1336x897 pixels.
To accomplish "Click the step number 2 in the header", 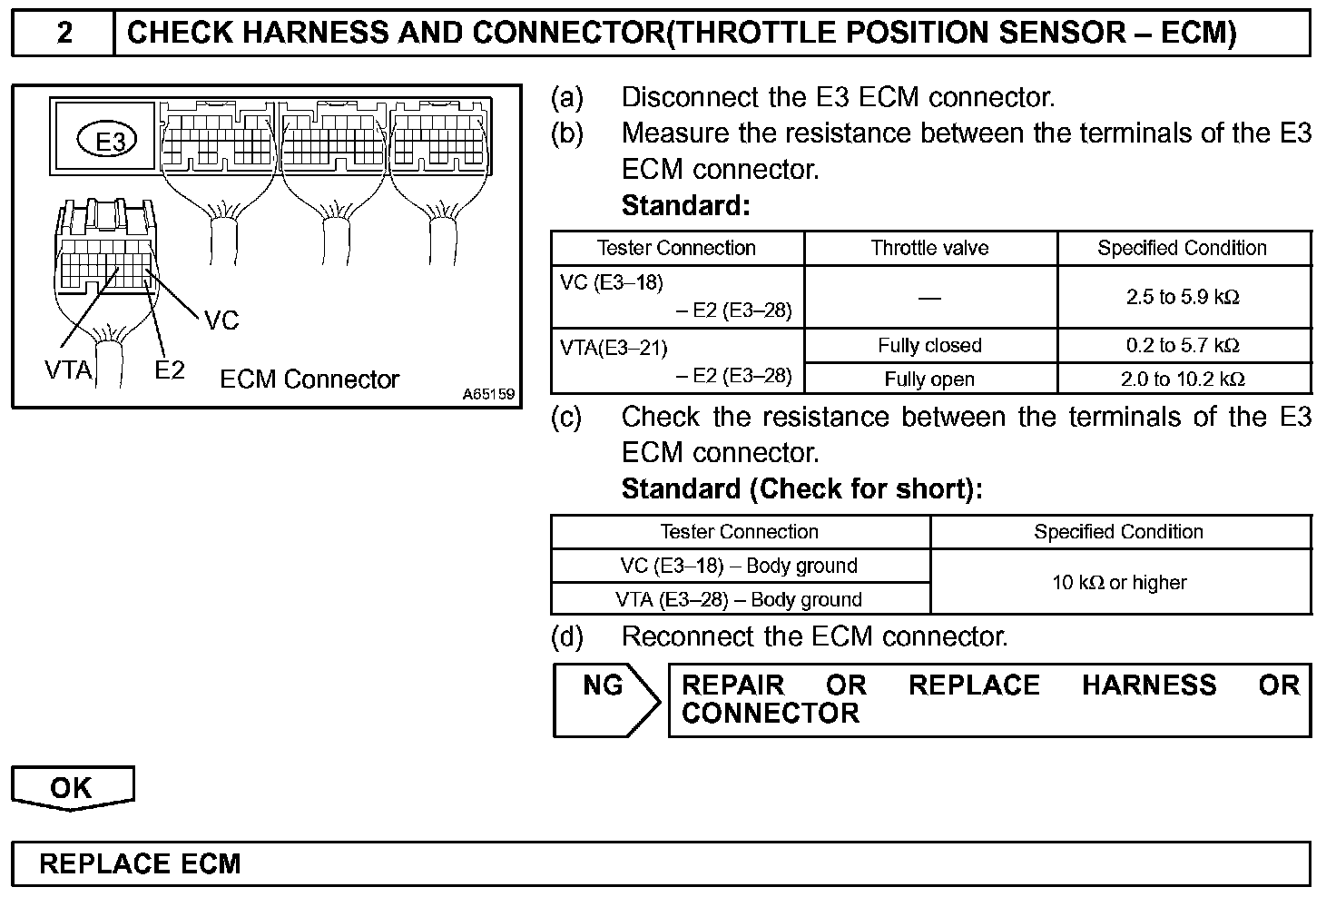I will tap(64, 34).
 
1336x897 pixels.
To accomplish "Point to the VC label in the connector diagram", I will tap(221, 320).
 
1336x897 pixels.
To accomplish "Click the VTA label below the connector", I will tap(68, 370).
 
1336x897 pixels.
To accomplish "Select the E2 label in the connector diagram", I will tap(169, 370).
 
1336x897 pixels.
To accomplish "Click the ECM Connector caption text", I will tap(309, 379).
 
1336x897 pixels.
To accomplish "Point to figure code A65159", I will tap(488, 394).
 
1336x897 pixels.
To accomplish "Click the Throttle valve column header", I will tap(929, 248).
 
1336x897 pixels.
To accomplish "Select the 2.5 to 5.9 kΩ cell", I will tap(1183, 297).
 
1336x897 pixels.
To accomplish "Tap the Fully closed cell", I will tap(929, 345).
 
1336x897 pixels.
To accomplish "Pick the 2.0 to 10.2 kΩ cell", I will tap(1183, 379).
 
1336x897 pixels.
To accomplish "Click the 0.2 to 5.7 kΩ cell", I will tap(1183, 345).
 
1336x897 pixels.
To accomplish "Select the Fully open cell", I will tap(929, 379).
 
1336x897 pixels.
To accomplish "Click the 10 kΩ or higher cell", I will tap(1119, 583).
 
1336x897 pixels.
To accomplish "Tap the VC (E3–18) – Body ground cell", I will tap(739, 566).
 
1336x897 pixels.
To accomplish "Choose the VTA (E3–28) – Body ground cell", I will tap(739, 599).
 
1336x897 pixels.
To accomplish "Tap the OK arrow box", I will tap(72, 787).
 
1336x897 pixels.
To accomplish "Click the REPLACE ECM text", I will tap(140, 863).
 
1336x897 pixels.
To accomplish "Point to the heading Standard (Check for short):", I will tap(801, 489).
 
